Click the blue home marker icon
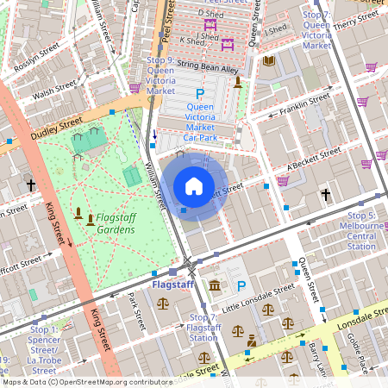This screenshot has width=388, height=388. click(x=194, y=185)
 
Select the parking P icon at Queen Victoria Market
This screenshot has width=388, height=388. click(x=201, y=93)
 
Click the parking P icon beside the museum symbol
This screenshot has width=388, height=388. click(x=241, y=286)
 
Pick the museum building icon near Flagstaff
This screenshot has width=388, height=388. click(x=214, y=285)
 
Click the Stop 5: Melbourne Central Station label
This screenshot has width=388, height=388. click(x=360, y=230)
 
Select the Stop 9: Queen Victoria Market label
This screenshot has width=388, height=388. click(x=166, y=75)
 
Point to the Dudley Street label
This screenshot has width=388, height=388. click(x=57, y=127)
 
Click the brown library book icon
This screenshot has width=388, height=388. click(x=269, y=60)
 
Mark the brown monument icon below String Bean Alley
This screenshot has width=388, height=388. click(x=237, y=81)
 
